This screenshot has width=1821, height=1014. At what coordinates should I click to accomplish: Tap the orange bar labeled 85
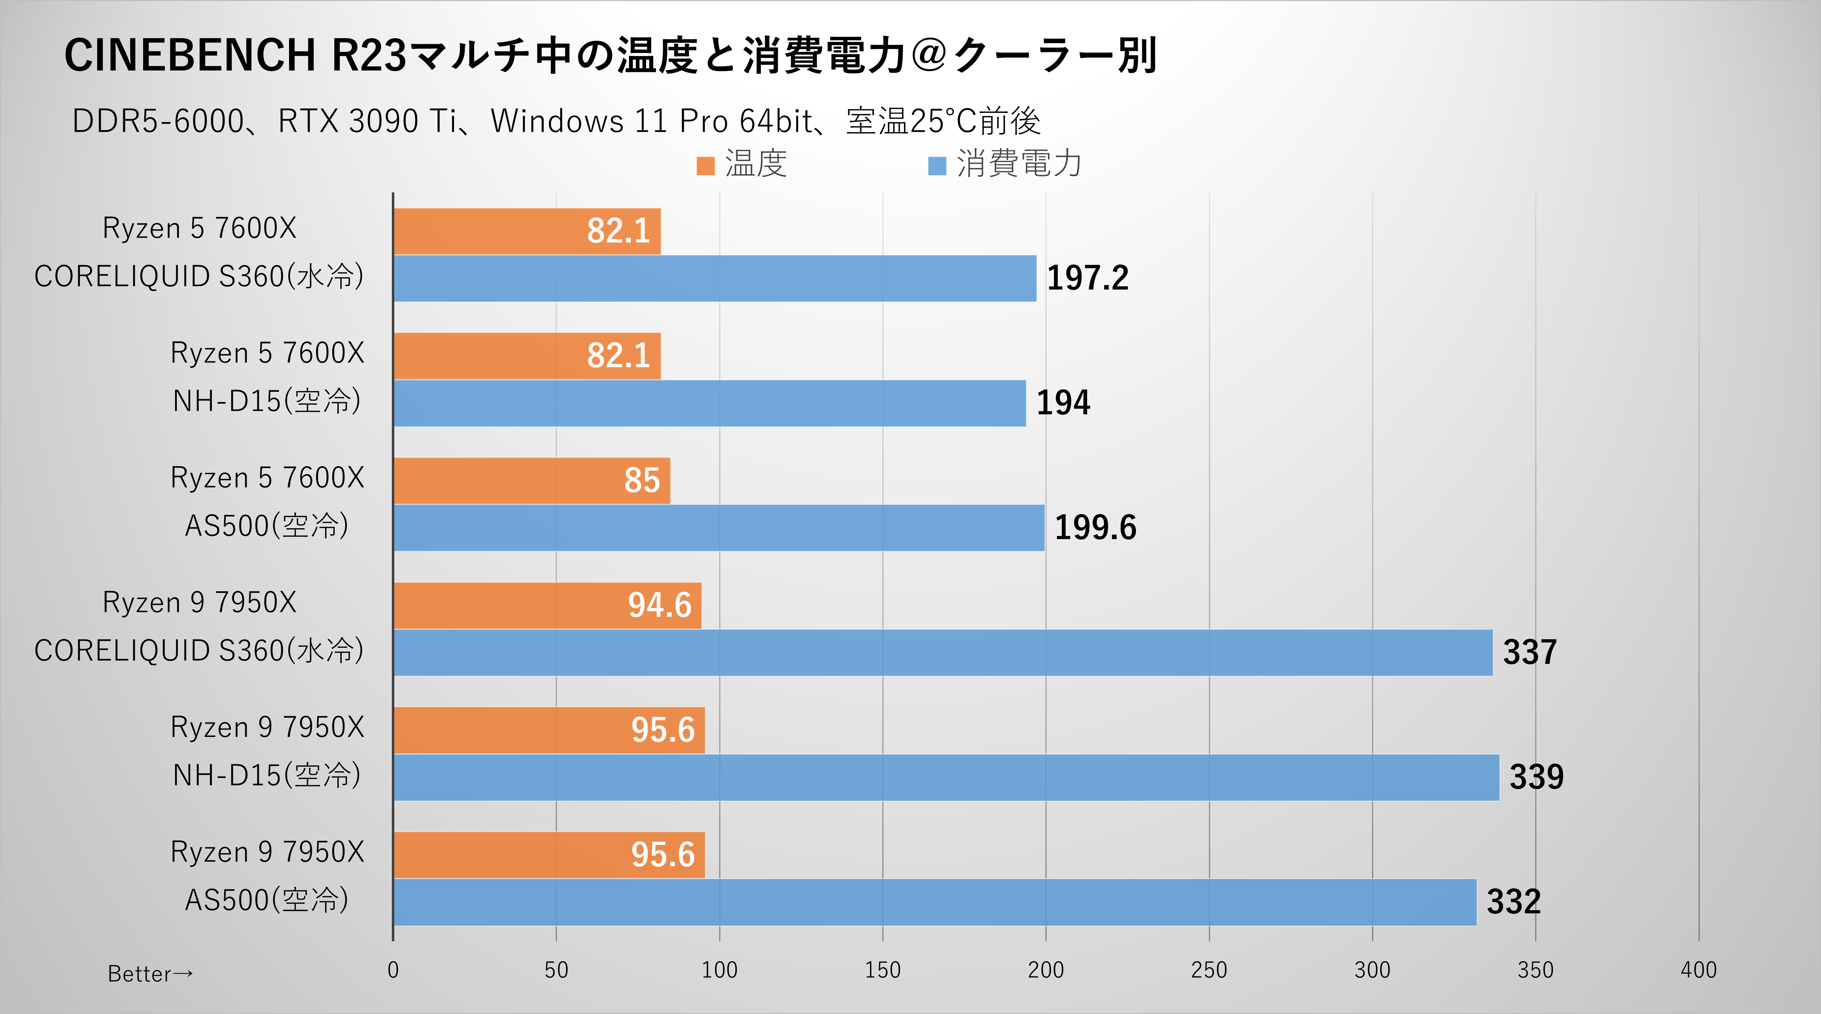tap(531, 481)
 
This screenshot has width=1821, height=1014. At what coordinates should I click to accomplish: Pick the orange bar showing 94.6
tap(547, 606)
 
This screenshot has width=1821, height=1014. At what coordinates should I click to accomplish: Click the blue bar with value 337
tap(943, 652)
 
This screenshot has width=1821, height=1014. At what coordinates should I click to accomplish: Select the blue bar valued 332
tap(935, 902)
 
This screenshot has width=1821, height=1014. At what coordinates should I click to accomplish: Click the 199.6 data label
tap(1095, 527)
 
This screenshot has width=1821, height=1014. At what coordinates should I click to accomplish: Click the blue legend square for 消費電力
tap(937, 166)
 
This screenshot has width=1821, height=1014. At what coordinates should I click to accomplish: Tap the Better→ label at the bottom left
tap(150, 974)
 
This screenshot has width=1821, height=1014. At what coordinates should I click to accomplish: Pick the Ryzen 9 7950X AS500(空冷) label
tap(267, 876)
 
